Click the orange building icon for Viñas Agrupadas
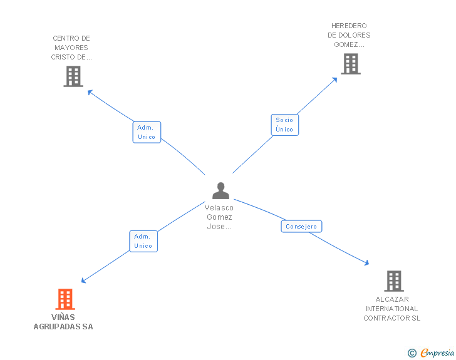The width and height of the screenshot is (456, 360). click(65, 299)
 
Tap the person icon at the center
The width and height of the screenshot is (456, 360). click(220, 191)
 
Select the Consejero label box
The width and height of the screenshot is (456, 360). click(301, 226)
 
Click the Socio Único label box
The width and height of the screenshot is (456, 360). click(285, 125)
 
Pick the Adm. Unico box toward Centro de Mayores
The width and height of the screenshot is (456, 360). click(147, 132)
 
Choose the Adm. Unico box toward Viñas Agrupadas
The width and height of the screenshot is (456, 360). click(143, 242)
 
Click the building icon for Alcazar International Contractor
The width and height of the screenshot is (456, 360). click(394, 281)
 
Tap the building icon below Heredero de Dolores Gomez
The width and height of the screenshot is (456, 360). click(351, 64)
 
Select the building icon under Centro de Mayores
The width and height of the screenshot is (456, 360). click(73, 76)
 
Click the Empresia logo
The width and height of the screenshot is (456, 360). click(437, 352)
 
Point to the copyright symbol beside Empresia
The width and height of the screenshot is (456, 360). click(412, 353)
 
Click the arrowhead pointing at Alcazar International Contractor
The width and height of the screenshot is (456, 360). click(367, 263)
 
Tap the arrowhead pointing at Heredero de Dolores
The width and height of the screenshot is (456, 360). click(335, 80)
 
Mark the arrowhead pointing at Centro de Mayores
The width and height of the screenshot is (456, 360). click(90, 92)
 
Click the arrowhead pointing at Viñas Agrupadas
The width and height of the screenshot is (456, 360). click(83, 280)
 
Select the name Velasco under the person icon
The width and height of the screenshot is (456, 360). click(219, 208)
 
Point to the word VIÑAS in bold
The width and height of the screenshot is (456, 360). click(63, 317)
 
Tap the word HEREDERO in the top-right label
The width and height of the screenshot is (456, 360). click(349, 26)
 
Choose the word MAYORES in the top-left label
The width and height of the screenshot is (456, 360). click(71, 48)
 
